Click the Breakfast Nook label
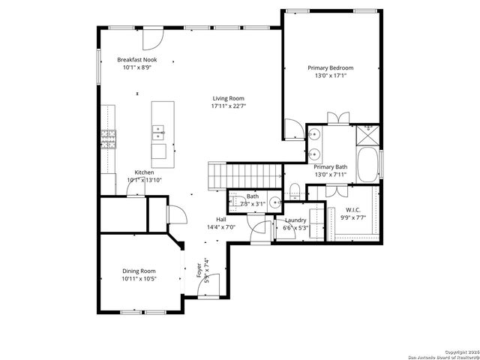(x=137, y=59)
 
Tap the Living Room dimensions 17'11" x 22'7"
(x=228, y=106)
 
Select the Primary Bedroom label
(x=330, y=67)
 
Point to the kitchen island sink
(x=158, y=133)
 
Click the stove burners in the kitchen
(x=109, y=139)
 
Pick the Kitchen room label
(x=144, y=172)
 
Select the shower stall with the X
(x=367, y=133)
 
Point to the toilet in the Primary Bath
(x=295, y=188)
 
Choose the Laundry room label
(x=295, y=220)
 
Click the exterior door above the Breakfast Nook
(x=153, y=35)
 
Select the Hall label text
(x=221, y=220)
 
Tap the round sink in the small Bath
(x=275, y=201)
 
